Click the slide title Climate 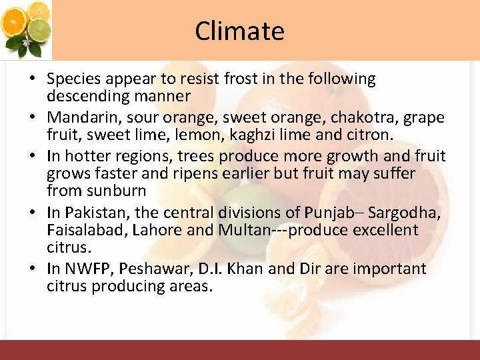tap(239, 31)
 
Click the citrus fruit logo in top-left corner tap(26, 29)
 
